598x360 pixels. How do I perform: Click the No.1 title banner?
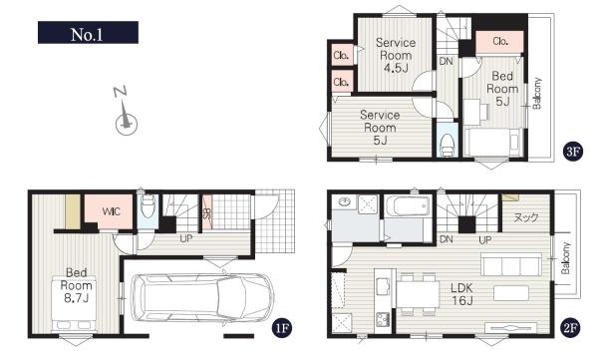(88, 33)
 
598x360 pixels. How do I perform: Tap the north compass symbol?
(126, 112)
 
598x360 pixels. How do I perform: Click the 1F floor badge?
(281, 328)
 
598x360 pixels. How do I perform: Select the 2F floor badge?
(569, 328)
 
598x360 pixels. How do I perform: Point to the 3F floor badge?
(572, 152)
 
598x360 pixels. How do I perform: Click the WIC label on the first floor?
(111, 211)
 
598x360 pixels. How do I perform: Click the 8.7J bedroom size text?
(77, 298)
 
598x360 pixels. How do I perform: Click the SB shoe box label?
(206, 212)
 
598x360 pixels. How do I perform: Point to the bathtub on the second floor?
(408, 206)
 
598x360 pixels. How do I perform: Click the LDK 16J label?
(461, 294)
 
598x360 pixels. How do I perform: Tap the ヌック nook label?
(526, 217)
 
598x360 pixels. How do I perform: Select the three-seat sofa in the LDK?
(511, 264)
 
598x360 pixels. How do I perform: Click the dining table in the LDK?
(419, 294)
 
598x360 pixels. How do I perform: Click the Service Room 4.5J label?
(396, 55)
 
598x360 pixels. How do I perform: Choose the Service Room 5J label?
(380, 128)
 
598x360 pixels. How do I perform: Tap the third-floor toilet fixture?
(447, 145)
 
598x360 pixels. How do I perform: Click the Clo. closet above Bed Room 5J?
(500, 41)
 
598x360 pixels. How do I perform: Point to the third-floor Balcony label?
(536, 94)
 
